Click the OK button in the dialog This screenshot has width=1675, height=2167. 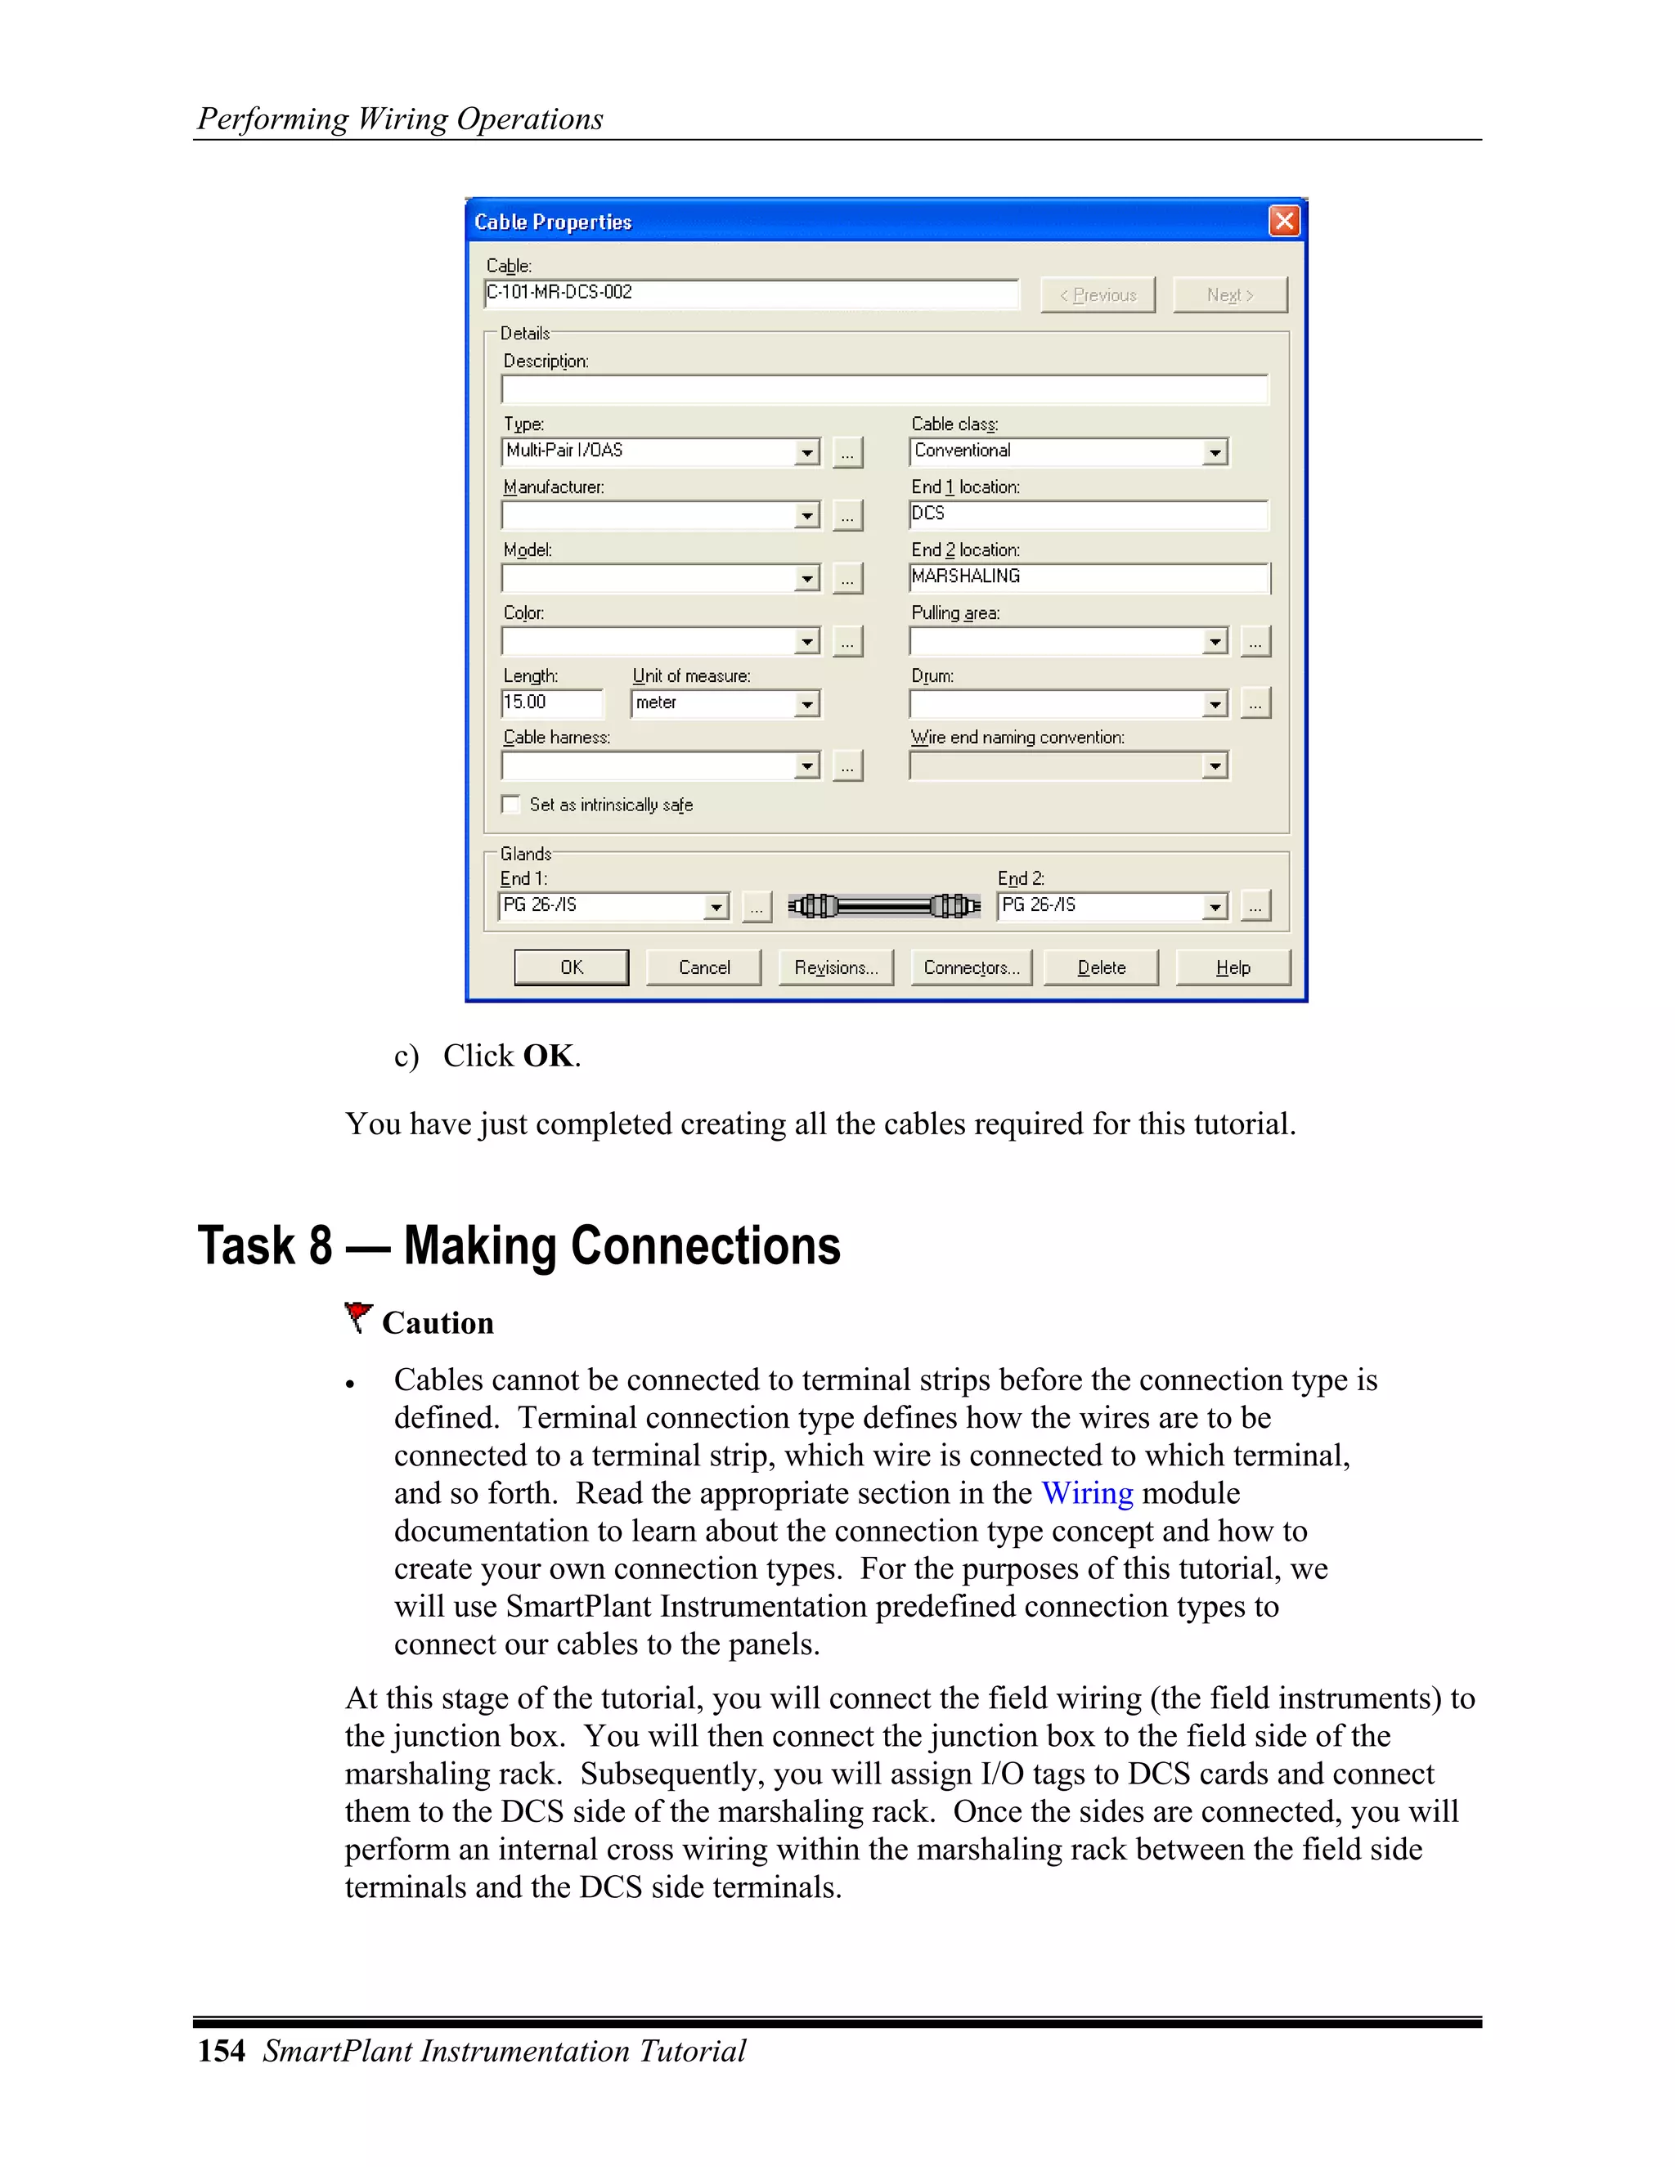[x=571, y=967]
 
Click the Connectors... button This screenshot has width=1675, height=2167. [x=971, y=967]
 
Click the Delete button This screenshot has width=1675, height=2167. [x=1101, y=967]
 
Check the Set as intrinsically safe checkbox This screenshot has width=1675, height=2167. [x=511, y=805]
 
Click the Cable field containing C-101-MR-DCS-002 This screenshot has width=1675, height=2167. [x=750, y=293]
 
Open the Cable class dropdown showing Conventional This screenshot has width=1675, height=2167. [x=1215, y=452]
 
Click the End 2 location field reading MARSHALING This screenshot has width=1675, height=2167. [x=1088, y=577]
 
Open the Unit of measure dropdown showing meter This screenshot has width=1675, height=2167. [x=806, y=704]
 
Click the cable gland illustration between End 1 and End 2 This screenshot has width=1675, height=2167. [x=883, y=906]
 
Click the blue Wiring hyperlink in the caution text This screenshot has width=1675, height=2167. [x=1087, y=1493]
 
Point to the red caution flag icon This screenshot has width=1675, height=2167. [x=357, y=1317]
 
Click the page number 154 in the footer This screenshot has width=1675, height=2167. [x=222, y=2051]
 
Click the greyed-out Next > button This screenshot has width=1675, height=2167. [x=1229, y=294]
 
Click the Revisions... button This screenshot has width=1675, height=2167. [x=836, y=967]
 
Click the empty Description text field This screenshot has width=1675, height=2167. [x=884, y=389]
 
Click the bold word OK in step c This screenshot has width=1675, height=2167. [x=549, y=1056]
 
